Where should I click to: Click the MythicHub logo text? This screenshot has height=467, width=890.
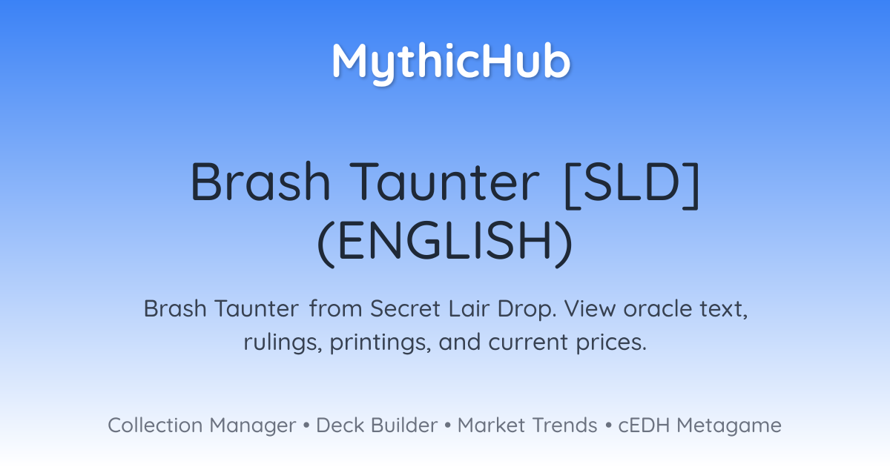[x=452, y=63]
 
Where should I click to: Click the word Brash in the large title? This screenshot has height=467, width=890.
[x=260, y=182]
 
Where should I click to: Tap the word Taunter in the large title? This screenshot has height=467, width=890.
[x=444, y=182]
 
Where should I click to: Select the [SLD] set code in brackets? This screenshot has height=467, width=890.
[x=632, y=185]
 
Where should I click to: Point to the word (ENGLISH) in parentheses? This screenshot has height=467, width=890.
[x=445, y=242]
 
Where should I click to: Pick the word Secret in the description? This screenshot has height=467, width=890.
[x=405, y=308]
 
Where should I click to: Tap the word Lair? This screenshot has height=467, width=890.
[x=469, y=308]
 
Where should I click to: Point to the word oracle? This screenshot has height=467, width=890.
[x=658, y=308]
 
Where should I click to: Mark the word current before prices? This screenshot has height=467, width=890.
[x=527, y=342]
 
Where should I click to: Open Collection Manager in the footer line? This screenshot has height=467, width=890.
[x=202, y=425]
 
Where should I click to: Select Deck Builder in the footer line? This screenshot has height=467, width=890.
[x=377, y=425]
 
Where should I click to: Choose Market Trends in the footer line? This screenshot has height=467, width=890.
[x=527, y=425]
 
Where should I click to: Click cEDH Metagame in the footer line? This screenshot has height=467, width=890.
[x=699, y=425]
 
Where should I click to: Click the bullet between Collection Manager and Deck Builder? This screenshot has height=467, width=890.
[x=306, y=425]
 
